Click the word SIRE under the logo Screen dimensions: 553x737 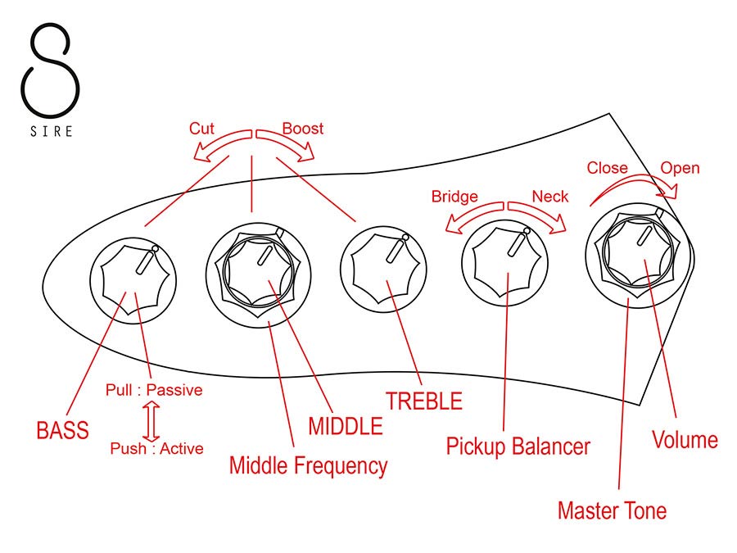coord(52,131)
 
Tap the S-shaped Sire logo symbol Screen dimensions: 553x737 coord(51,70)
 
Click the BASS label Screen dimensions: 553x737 coord(62,430)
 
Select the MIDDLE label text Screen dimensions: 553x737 coord(345,426)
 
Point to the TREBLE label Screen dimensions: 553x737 coord(424,401)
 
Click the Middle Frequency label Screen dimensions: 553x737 coord(308,466)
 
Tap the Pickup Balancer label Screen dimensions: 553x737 coord(518,446)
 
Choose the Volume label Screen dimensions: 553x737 coord(685,440)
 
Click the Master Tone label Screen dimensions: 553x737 coord(611,511)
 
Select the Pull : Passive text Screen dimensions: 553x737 coord(154,390)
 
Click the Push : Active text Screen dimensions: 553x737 coord(156,448)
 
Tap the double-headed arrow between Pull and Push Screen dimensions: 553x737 coord(150,419)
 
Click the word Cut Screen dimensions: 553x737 coord(202,129)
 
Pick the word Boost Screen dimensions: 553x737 coord(303,129)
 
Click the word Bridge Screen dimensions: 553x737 coord(454,197)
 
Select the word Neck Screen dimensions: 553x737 coord(549,197)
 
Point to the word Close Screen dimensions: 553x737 coord(608,168)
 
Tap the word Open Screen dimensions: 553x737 coord(680,168)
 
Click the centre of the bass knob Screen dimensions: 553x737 coord(132,274)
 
